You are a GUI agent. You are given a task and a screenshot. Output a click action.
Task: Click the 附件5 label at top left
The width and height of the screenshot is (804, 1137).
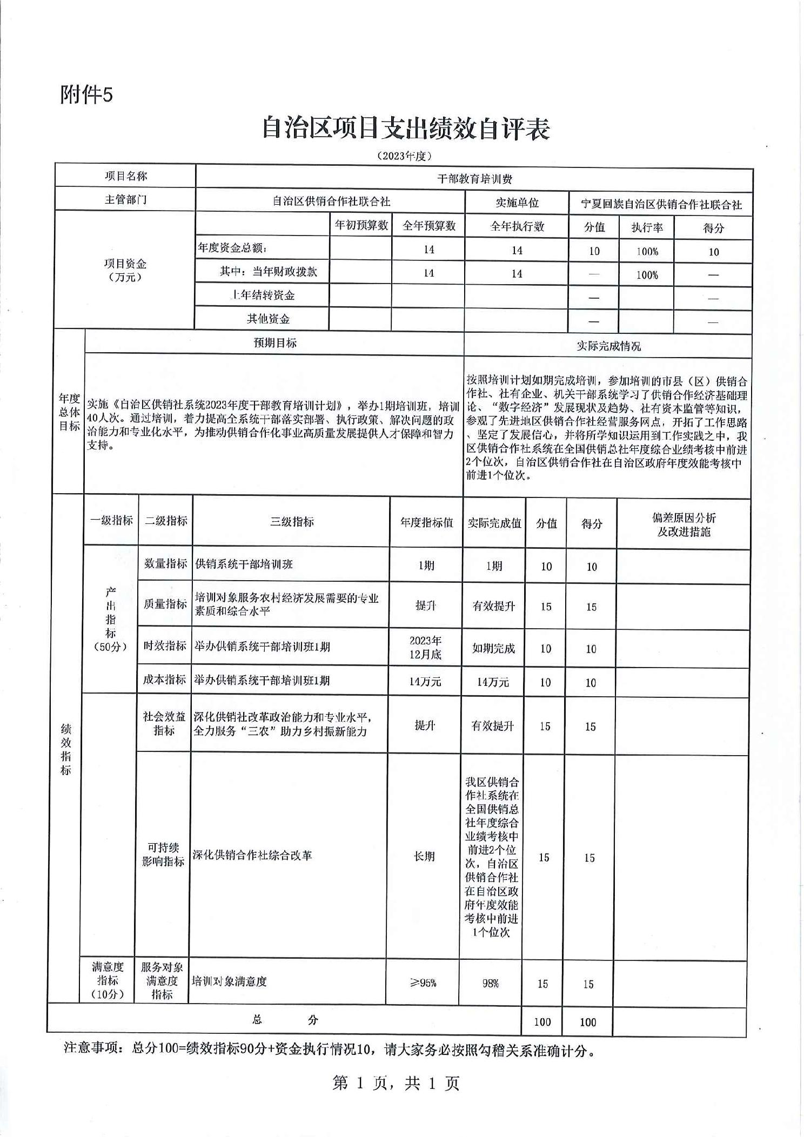86,95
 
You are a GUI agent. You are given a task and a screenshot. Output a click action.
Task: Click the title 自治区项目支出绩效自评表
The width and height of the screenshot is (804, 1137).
406,129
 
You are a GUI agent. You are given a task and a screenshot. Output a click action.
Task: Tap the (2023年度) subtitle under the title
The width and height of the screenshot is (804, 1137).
405,156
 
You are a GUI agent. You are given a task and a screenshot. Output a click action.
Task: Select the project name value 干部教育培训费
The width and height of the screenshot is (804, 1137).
474,179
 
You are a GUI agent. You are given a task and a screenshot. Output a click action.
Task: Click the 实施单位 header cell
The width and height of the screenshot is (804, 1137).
517,203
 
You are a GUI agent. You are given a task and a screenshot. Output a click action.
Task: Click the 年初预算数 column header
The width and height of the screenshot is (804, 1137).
361,225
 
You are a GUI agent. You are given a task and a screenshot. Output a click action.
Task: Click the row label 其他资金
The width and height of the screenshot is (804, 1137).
268,319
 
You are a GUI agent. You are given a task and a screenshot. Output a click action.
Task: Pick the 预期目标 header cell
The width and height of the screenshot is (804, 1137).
275,343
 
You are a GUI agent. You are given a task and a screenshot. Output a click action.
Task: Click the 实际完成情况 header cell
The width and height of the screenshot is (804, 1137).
608,346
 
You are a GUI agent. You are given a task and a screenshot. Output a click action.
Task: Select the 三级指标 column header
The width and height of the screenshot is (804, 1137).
292,522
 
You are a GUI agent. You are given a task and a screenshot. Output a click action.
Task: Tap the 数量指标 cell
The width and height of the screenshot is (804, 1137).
165,563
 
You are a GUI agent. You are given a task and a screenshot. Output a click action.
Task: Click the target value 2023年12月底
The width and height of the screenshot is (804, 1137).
425,647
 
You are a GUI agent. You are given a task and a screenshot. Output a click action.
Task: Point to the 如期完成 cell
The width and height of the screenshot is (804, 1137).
493,648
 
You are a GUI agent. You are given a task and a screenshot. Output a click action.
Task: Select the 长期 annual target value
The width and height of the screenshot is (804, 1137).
424,856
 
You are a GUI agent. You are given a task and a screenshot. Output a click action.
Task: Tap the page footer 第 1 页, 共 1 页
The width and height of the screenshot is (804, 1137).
396,1082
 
